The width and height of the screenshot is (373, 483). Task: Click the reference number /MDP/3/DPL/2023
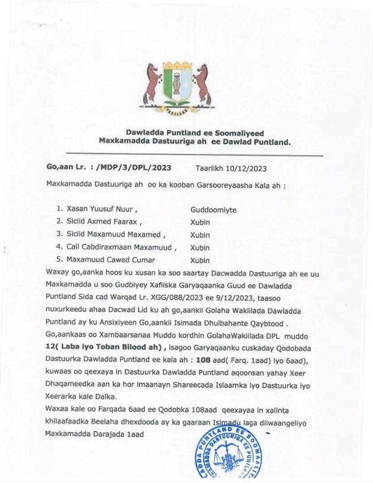(134, 168)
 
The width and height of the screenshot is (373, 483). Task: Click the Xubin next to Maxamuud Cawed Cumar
(200, 260)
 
